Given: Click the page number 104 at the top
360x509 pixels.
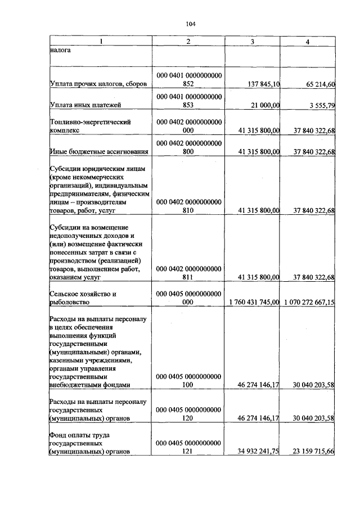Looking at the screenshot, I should [x=190, y=24].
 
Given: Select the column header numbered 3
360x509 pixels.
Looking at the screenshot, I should [x=252, y=42].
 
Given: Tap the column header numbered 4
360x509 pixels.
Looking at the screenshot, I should [x=307, y=42].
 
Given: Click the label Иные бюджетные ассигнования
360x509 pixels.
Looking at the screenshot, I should [x=99, y=151].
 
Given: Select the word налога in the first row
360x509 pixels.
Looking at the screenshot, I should [x=60, y=50].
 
